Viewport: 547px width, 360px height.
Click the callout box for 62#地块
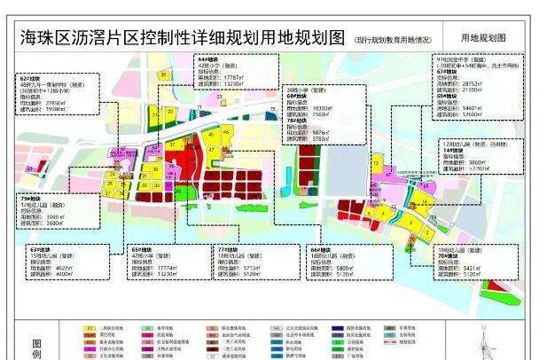(x=55, y=95)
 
